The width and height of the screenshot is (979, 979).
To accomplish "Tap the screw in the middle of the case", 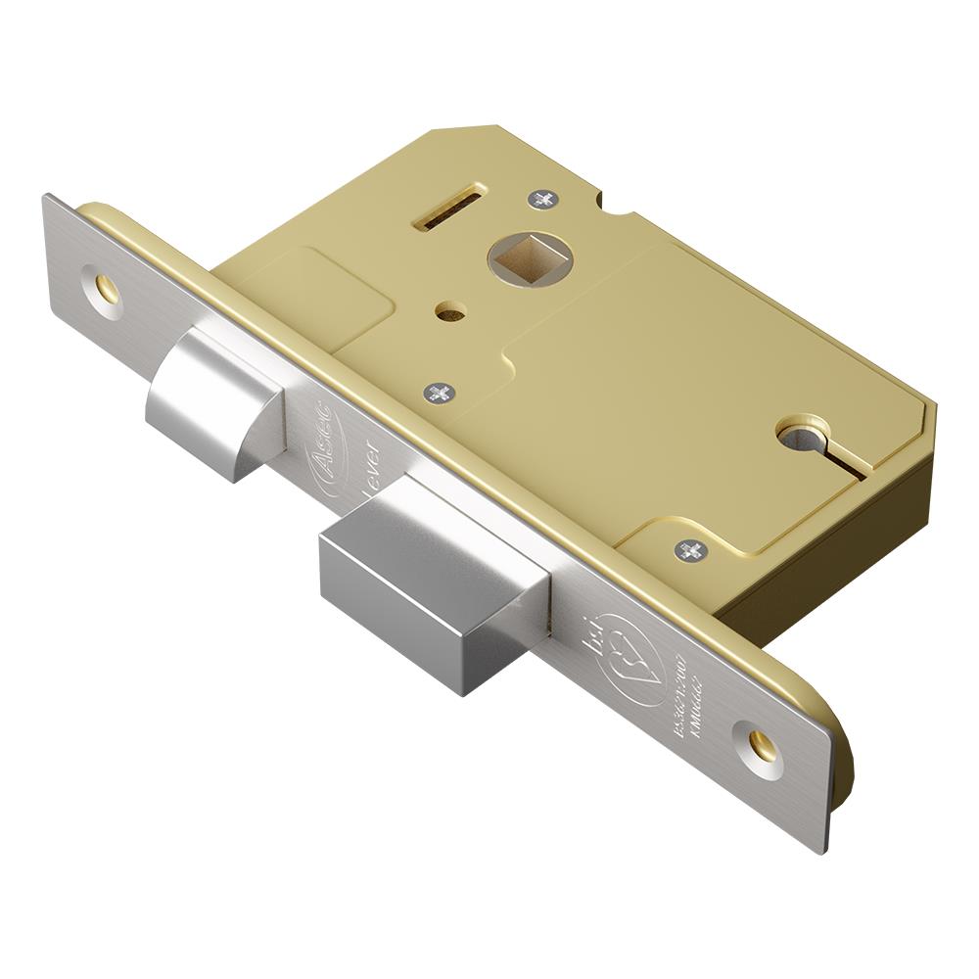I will [x=440, y=393].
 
